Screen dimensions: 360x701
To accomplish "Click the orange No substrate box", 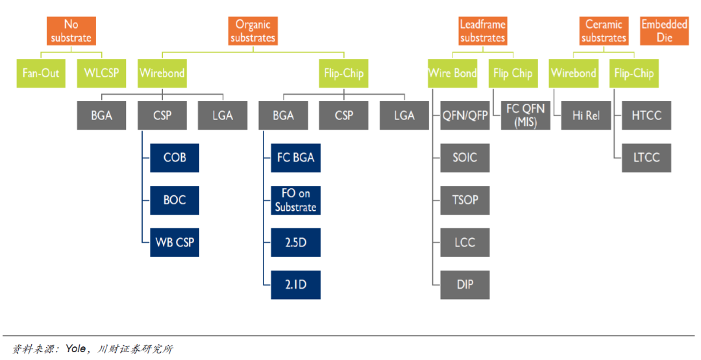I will (x=71, y=31).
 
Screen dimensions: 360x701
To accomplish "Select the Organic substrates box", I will (x=252, y=31).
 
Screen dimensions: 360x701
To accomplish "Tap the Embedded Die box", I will (x=664, y=31).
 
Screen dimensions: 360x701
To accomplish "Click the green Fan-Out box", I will (x=40, y=73).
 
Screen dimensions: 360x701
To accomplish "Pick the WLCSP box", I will (x=101, y=73).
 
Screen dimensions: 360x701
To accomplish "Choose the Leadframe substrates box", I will (x=482, y=31).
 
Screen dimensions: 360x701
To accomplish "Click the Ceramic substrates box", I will (x=603, y=31).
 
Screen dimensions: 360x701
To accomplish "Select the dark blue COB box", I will (x=175, y=158).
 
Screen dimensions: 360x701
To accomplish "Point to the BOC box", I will (x=175, y=200).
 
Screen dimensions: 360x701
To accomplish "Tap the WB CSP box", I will (x=175, y=243).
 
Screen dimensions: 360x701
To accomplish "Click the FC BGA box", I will (x=296, y=158).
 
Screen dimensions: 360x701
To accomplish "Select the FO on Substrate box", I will (x=296, y=200).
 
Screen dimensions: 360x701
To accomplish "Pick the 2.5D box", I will (x=296, y=243).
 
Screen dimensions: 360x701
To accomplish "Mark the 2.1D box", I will (x=296, y=285).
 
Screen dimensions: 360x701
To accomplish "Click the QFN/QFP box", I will (x=465, y=115).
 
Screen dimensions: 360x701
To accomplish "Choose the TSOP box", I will (x=465, y=200).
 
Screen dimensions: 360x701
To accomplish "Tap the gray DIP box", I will (x=465, y=285).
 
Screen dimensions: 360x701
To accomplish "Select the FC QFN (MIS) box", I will (x=525, y=115).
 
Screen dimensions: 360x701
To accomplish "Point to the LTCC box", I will (x=646, y=158).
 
